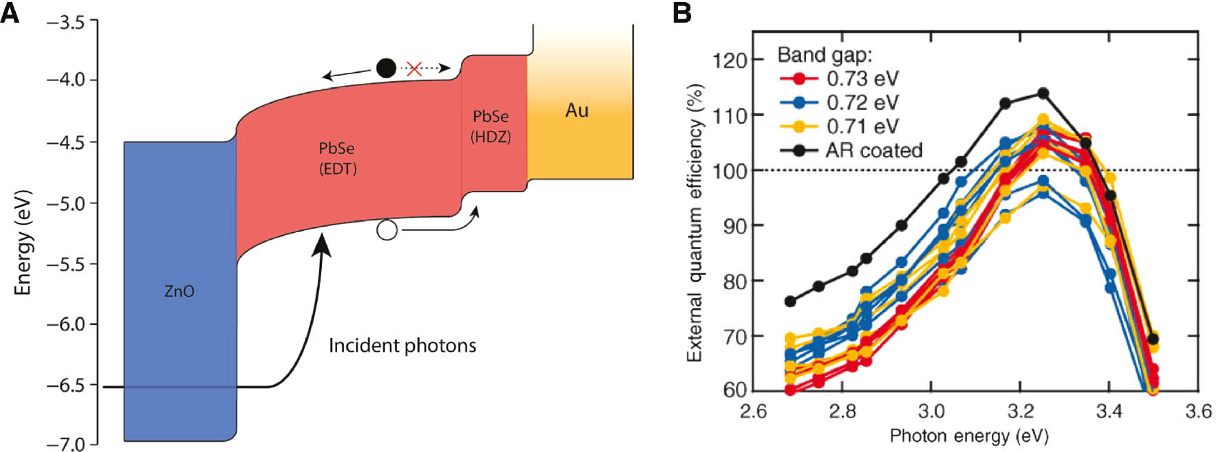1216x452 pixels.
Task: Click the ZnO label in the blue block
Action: (x=179, y=291)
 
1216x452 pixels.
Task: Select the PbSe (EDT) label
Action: (x=337, y=158)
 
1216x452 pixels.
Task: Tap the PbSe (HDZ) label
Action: (x=490, y=126)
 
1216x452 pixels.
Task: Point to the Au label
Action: (x=576, y=111)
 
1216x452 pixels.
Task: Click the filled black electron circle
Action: (x=386, y=68)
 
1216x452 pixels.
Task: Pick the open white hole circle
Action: (x=387, y=230)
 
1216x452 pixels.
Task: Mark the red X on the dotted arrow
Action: (x=413, y=69)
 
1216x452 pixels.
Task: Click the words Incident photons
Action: (x=402, y=345)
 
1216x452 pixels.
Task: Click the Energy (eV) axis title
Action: (x=23, y=242)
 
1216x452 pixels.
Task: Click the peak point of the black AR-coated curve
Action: (x=1043, y=93)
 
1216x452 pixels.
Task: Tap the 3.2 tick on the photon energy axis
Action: (x=1020, y=411)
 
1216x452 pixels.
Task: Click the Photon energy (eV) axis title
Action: (x=968, y=436)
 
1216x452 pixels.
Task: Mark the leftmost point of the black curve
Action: (x=790, y=302)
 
